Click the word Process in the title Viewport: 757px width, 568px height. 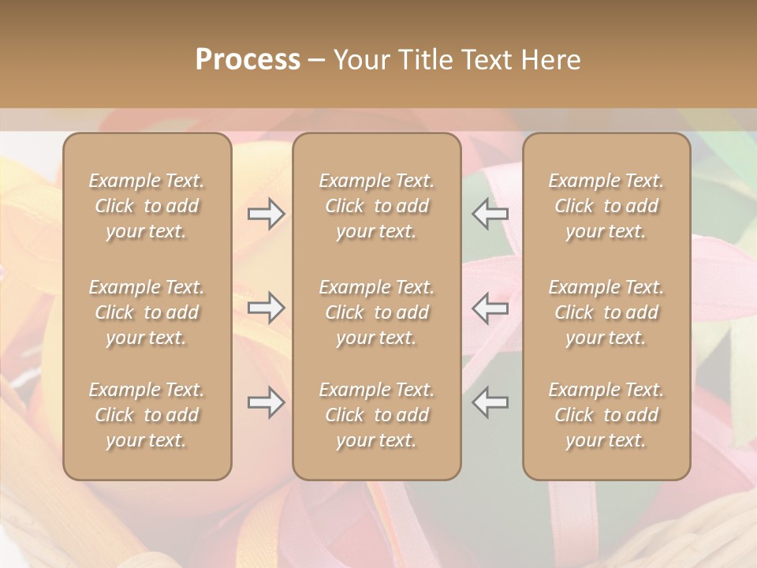tap(248, 59)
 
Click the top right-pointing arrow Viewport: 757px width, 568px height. tap(267, 214)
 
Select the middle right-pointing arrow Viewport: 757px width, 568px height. tap(267, 308)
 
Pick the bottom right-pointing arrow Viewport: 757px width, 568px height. tap(267, 402)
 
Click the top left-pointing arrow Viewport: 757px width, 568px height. tap(490, 214)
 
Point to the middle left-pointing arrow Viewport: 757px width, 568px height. tap(490, 308)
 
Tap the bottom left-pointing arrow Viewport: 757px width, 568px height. tap(490, 402)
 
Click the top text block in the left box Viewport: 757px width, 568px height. tap(147, 206)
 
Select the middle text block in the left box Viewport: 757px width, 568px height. tap(147, 312)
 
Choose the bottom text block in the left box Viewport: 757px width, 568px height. tap(147, 415)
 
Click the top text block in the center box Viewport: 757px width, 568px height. tap(377, 206)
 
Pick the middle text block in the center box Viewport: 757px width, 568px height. tap(377, 312)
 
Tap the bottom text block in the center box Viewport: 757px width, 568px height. tap(377, 415)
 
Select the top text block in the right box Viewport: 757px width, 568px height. tap(606, 206)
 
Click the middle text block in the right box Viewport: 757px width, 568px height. tap(606, 312)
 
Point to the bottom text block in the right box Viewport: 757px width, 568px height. tap(606, 415)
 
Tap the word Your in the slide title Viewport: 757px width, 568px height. tap(361, 59)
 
